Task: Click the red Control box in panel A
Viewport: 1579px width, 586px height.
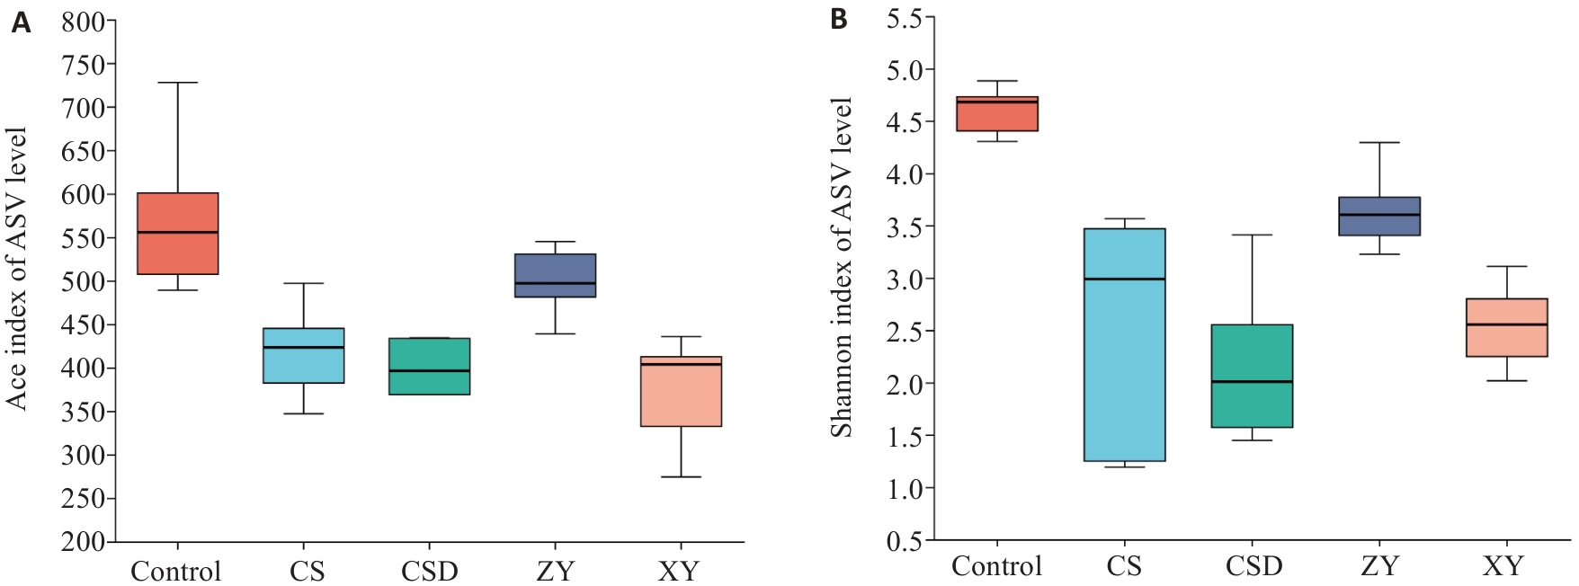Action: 178,233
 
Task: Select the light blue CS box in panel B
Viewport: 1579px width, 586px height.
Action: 1124,344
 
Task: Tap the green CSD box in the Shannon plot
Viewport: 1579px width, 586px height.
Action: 1252,376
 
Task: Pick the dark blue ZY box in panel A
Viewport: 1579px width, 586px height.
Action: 555,275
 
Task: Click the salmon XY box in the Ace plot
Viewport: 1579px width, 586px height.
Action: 681,391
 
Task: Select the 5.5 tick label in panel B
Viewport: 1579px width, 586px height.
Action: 904,19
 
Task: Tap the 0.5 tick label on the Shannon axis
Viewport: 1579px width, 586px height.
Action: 904,541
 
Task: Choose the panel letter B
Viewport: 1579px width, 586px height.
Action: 838,19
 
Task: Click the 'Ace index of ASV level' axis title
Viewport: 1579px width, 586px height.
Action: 17,269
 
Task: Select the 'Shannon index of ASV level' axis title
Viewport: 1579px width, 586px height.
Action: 841,268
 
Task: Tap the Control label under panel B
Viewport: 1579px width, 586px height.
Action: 996,566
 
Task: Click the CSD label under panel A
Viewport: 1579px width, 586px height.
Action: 429,572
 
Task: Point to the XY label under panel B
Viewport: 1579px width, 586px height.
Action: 1503,566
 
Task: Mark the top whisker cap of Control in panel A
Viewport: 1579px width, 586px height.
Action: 178,83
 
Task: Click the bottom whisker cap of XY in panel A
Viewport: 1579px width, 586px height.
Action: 681,476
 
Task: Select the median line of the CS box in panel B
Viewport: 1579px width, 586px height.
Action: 1124,279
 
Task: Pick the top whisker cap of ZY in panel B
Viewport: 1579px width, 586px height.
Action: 1379,142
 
